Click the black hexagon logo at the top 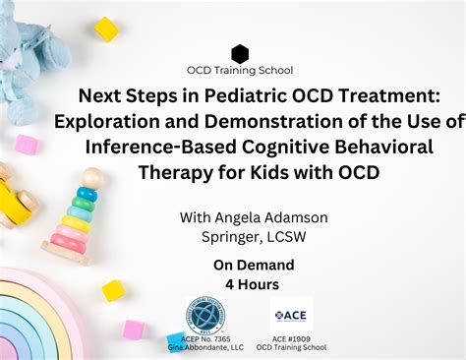point(240,54)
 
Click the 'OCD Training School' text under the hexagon point(240,71)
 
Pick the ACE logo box point(291,315)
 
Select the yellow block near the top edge point(106,30)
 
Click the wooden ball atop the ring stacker point(91,178)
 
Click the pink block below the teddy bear point(27,145)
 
